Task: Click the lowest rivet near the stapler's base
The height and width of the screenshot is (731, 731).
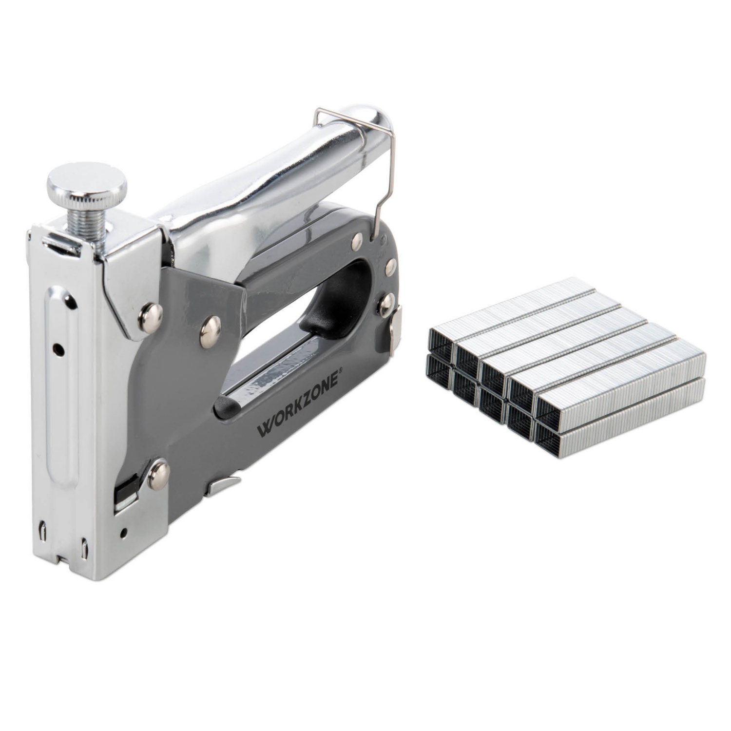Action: click(158, 472)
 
